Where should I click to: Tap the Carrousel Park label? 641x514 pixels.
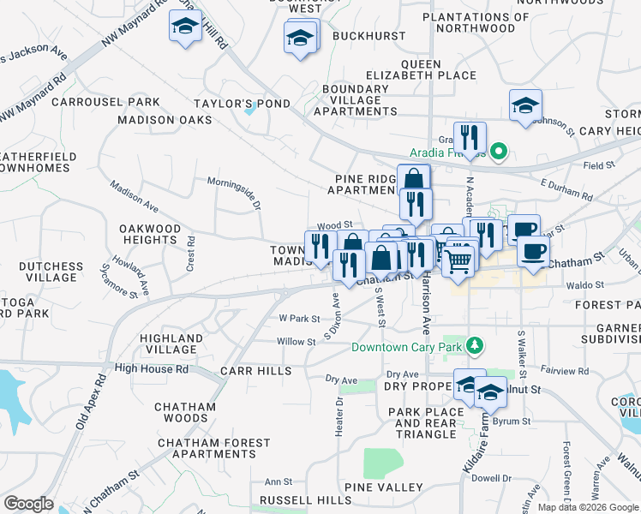pos(105,102)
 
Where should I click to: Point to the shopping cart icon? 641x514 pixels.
pos(458,261)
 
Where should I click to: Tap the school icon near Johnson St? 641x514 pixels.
pos(525,106)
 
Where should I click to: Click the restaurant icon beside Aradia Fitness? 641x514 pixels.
pos(470,138)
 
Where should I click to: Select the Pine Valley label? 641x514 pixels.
pos(384,487)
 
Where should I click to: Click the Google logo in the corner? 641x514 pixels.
pos(28,504)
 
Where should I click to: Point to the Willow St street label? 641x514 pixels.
pos(297,341)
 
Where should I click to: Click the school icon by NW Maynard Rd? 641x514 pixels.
pos(185,27)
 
